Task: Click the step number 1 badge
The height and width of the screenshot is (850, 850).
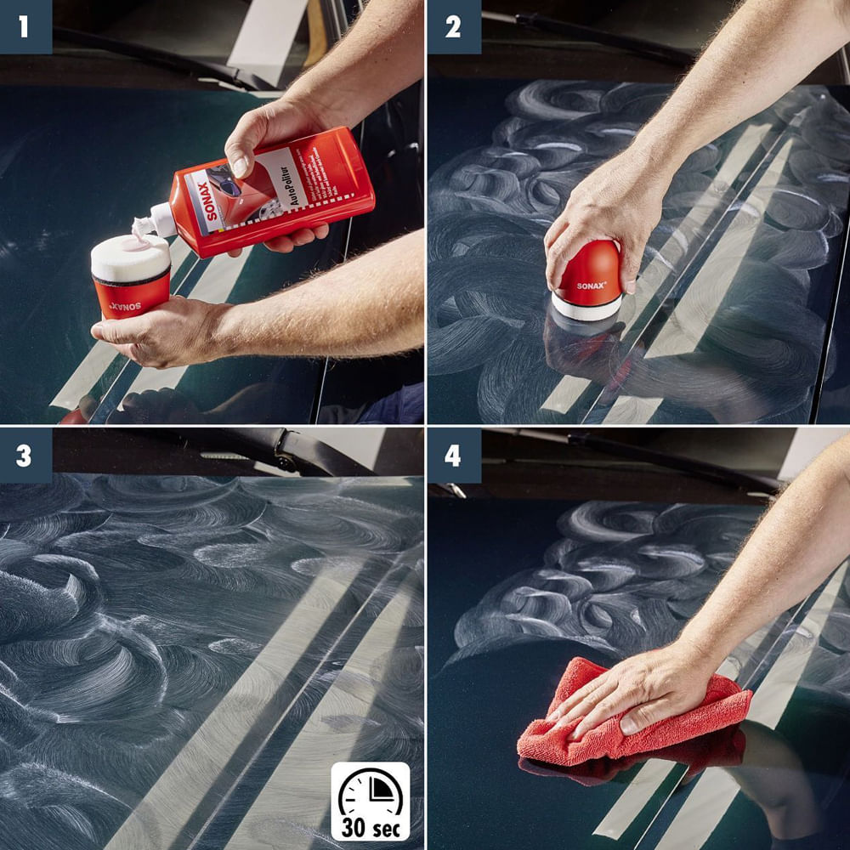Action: click(x=25, y=26)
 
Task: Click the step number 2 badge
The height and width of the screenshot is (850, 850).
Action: click(x=453, y=26)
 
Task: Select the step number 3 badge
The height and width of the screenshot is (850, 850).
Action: click(x=25, y=456)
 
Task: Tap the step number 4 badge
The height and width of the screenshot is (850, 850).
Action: click(x=453, y=456)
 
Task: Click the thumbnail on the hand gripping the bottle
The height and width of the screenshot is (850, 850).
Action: click(x=240, y=166)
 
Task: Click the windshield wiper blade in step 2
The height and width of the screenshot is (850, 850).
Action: click(x=595, y=38)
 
